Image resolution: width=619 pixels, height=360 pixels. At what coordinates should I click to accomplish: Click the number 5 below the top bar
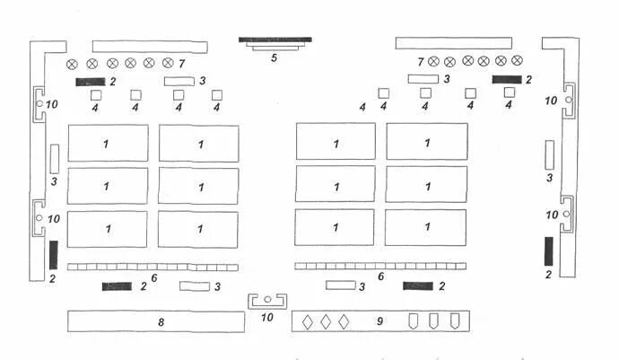point(275,57)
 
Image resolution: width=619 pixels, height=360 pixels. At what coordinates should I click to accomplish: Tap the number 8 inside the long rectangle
point(161,320)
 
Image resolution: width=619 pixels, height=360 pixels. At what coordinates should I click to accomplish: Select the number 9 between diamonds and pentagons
point(379,320)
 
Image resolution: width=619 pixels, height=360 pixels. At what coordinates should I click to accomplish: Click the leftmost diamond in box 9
point(308,321)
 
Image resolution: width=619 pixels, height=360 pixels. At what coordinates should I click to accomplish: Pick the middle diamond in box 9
point(326,321)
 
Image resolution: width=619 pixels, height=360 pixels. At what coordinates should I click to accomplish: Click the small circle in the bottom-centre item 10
point(267,299)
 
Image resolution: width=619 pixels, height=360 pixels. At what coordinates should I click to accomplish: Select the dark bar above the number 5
point(275,40)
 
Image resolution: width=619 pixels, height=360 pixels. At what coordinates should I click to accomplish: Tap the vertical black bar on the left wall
point(53,255)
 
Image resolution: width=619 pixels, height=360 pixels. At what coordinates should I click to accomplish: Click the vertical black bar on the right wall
point(548,250)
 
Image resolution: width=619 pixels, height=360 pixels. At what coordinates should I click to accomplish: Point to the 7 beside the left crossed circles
point(182,64)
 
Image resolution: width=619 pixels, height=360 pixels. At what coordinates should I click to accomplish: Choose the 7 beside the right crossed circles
point(420,62)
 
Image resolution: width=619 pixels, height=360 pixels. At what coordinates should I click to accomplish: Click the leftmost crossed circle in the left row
point(73,64)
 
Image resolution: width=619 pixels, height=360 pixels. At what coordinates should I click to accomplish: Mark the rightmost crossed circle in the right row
point(517,61)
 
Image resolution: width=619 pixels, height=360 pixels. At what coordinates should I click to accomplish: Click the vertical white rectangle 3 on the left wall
point(54,158)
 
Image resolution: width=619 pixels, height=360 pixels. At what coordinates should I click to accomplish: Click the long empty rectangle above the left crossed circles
point(150,45)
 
